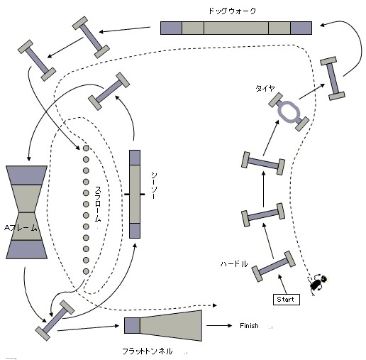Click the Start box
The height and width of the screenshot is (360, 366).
[x=287, y=300]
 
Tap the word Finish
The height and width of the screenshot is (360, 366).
[x=249, y=326]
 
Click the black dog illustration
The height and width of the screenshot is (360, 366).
[x=318, y=284]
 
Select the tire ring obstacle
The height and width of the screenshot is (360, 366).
[x=289, y=111]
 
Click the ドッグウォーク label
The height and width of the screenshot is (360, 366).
[x=232, y=11]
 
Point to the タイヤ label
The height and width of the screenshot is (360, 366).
[x=265, y=88]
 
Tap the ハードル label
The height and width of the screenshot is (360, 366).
[x=234, y=263]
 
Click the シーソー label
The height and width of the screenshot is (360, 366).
[x=154, y=185]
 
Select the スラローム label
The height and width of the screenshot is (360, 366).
[x=98, y=204]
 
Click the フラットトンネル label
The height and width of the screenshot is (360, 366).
[x=148, y=351]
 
